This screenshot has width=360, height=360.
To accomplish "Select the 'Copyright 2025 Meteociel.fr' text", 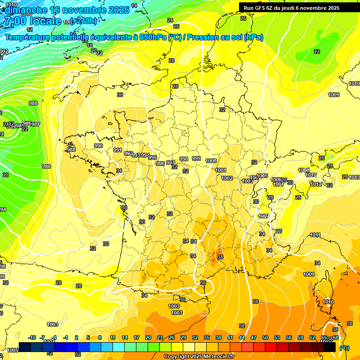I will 199,357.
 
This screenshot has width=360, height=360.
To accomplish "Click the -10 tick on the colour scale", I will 32,337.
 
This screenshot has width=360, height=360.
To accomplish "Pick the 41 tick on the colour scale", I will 230,337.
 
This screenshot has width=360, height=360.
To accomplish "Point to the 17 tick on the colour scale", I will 136,337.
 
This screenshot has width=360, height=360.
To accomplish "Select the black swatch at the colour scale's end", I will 330,347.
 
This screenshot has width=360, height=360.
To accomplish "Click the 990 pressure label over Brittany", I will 98,146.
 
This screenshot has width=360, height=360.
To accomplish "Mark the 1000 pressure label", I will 211,161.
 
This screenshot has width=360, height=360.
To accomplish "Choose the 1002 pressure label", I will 227,178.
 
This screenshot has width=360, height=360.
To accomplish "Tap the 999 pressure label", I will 196,158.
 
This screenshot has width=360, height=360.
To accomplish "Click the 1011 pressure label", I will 315,235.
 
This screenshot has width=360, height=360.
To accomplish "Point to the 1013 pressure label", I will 354,177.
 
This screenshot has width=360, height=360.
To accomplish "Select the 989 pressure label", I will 46,166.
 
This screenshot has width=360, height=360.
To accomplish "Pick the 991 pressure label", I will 118,150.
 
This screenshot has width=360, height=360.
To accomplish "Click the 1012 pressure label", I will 316,184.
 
